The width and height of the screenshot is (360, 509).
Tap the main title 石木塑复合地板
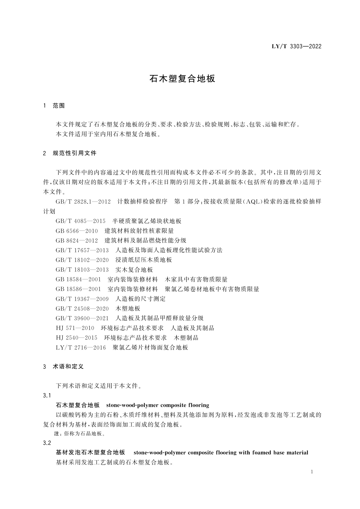[182, 79]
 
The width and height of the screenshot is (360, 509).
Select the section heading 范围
[59, 106]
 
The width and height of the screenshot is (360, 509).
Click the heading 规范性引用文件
[74, 153]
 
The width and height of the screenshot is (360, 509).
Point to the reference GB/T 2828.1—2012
[83, 202]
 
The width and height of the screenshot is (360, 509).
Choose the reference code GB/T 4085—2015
[80, 221]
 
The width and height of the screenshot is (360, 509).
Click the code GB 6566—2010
[77, 231]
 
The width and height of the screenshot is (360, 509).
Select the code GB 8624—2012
[77, 241]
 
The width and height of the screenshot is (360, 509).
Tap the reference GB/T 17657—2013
[82, 250]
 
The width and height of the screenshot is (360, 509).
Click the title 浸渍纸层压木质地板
[144, 260]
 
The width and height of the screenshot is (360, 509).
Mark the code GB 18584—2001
[78, 280]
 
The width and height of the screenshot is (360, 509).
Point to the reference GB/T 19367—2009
[82, 299]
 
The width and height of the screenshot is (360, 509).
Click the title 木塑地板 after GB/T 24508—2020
[128, 309]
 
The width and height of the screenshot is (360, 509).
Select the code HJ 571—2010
[75, 328]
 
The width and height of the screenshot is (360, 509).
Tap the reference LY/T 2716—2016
[81, 348]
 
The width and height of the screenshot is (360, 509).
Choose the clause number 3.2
[47, 443]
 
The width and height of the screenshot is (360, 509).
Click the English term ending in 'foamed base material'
[221, 453]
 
